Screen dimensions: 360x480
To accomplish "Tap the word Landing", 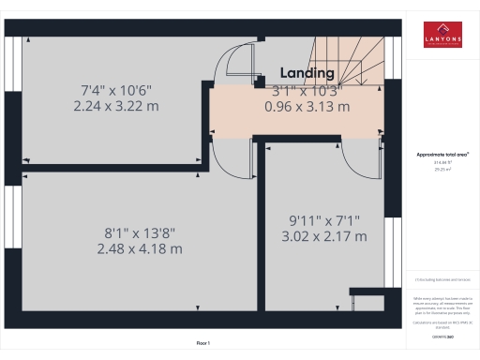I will pyautogui.click(x=307, y=73).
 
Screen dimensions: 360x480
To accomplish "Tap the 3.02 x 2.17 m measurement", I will pyautogui.click(x=322, y=236).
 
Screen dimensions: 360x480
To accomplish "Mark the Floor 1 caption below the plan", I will pyautogui.click(x=202, y=343).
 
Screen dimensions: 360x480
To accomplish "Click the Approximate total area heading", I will pyautogui.click(x=442, y=154).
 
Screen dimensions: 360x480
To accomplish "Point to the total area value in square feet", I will pyautogui.click(x=442, y=162).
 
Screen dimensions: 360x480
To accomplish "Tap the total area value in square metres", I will pyautogui.click(x=442, y=170).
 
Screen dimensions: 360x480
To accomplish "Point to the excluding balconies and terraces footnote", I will pyautogui.click(x=442, y=279).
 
